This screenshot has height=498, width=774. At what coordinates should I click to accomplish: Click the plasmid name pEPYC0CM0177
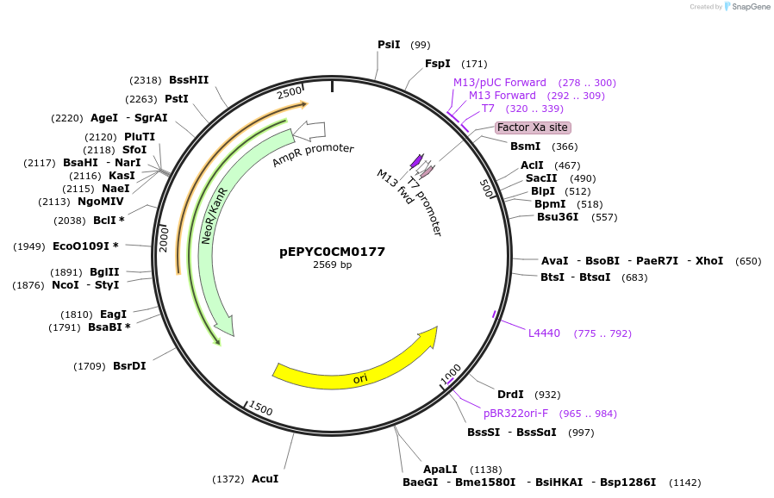332,252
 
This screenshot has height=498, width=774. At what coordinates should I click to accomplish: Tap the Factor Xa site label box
533,128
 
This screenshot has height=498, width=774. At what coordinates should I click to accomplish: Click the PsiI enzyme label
389,45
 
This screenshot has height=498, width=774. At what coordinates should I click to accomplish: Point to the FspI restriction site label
437,64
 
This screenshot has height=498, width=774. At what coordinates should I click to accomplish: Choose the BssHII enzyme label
188,80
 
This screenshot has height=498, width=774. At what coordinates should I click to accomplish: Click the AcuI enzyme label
265,479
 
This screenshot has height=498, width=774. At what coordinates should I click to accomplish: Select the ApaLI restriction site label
440,470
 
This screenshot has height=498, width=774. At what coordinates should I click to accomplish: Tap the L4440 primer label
544,333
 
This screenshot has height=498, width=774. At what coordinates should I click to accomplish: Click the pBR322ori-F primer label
515,414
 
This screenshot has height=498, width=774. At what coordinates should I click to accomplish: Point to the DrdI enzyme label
510,395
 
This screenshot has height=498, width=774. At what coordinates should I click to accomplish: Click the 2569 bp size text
332,265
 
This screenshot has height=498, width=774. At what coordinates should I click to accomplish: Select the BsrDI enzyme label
129,366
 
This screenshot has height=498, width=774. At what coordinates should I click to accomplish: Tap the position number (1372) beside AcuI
228,479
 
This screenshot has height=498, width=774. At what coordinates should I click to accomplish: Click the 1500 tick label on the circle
260,410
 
